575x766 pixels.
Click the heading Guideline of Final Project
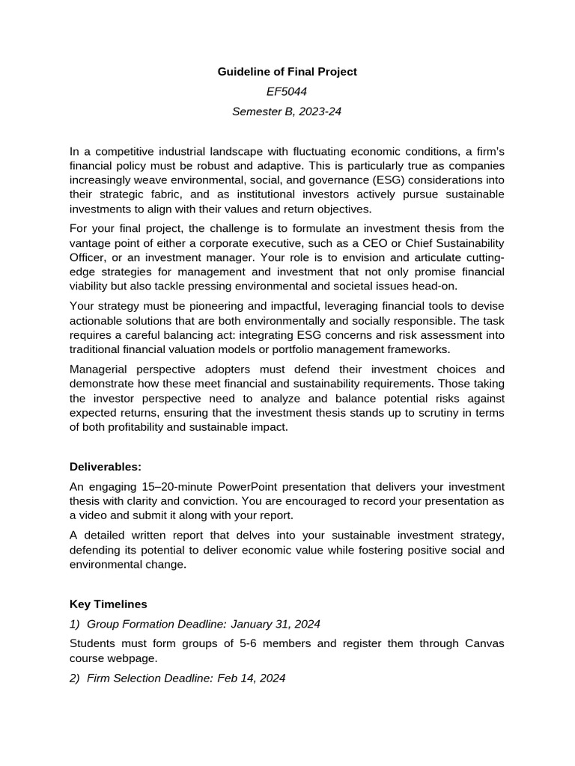287,72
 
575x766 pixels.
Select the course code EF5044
287,92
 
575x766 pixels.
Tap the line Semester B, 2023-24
287,112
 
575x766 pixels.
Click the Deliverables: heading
106,467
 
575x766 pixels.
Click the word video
100,515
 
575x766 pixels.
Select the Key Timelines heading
109,604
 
